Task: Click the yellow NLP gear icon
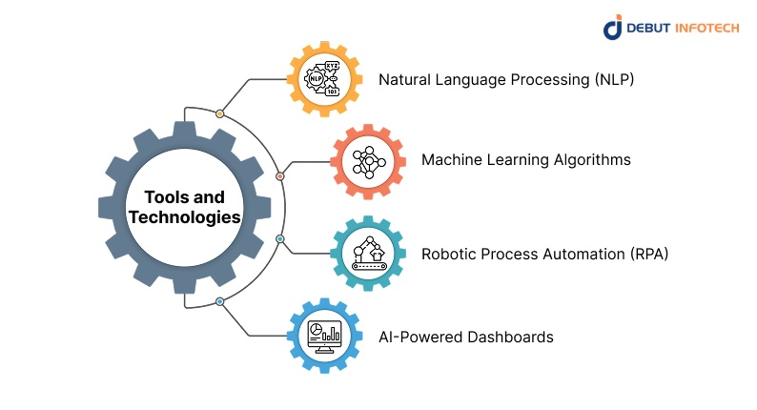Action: tap(324, 79)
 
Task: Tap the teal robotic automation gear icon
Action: tap(368, 254)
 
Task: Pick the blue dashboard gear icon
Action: tap(324, 335)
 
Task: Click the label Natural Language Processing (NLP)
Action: tap(506, 79)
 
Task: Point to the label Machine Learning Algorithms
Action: tap(525, 159)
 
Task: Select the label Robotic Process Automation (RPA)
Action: tap(544, 254)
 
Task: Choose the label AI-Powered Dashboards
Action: tap(466, 337)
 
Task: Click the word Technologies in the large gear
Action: tap(185, 217)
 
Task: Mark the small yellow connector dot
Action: tap(220, 113)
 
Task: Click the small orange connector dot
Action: tap(279, 176)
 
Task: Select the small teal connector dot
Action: tap(279, 238)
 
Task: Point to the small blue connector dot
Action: tap(220, 301)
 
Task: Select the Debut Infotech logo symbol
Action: tap(613, 27)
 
